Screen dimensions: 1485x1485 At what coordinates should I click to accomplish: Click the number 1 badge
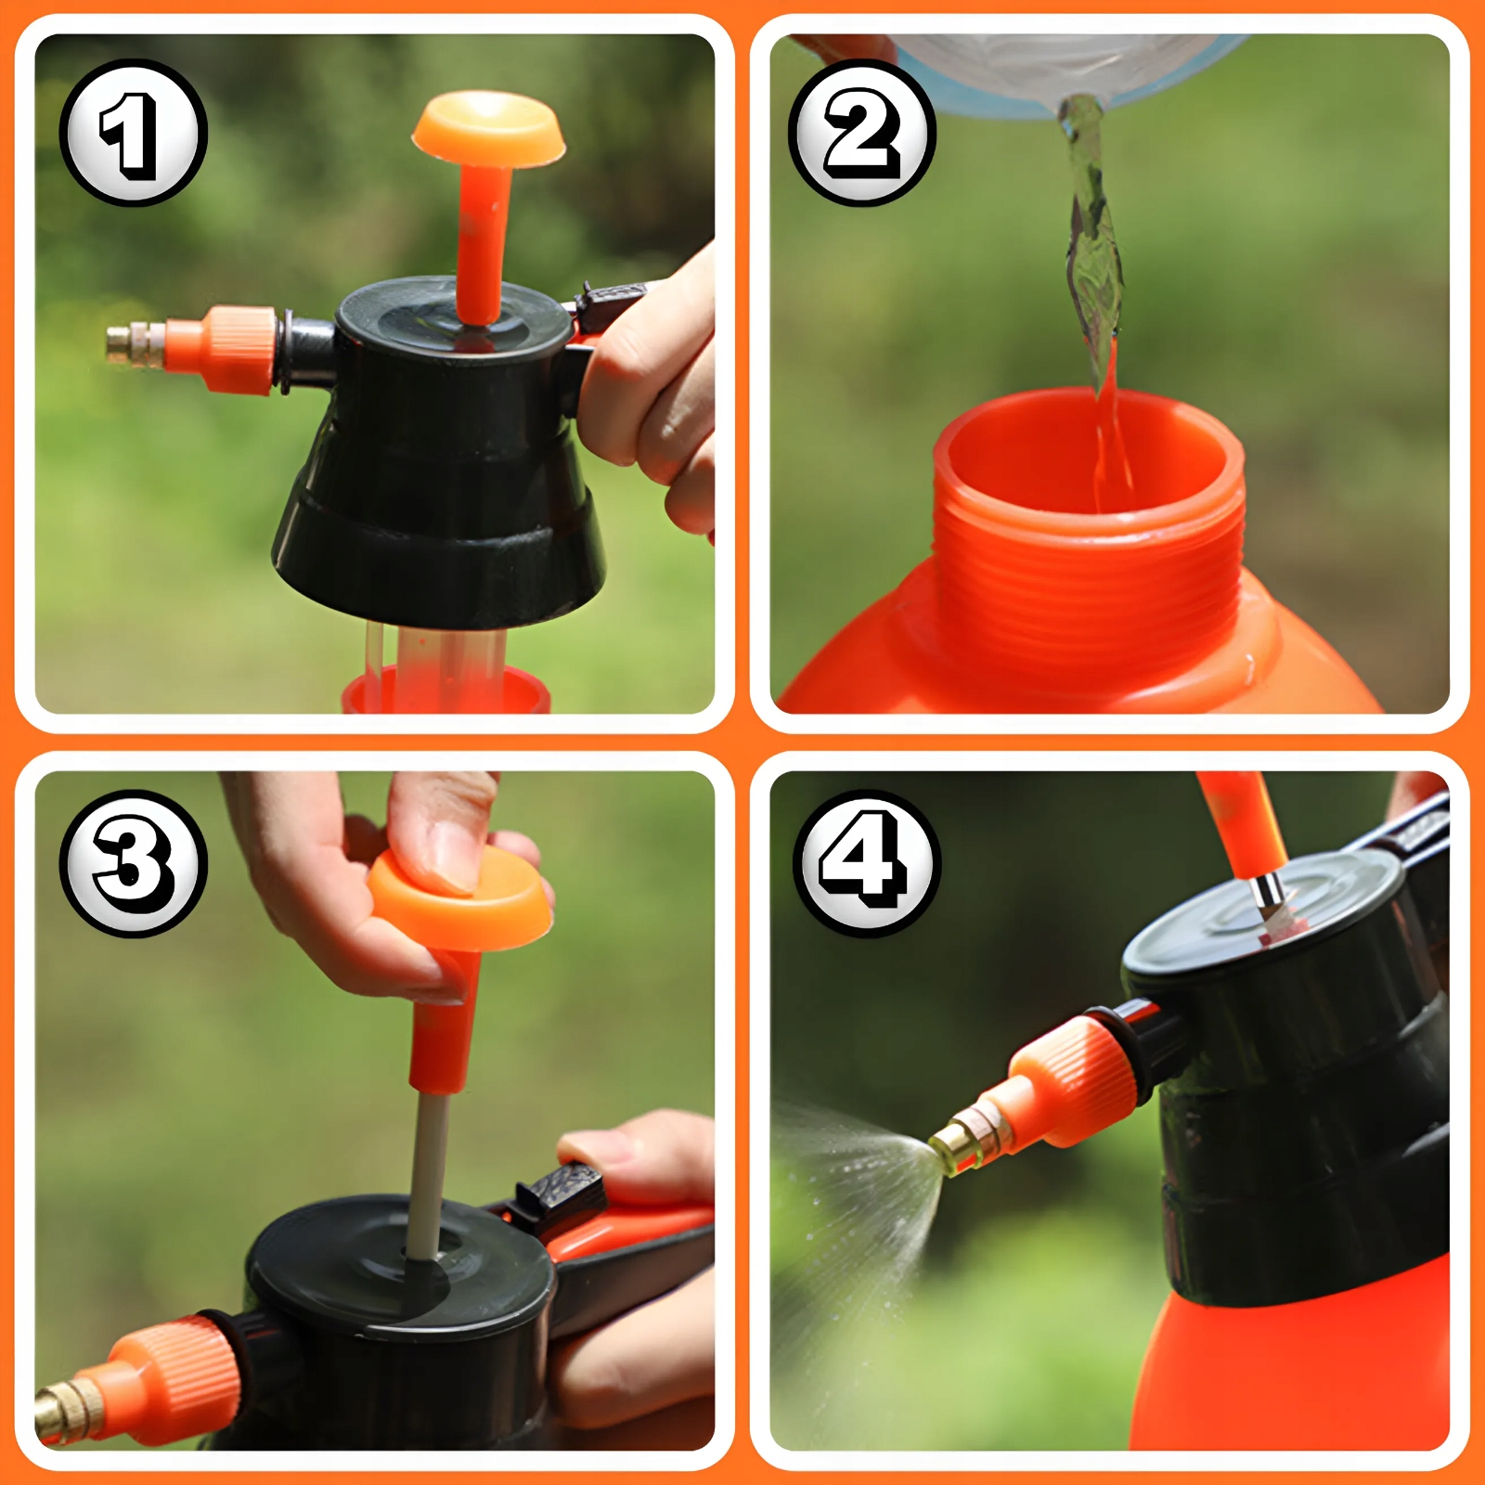(x=134, y=133)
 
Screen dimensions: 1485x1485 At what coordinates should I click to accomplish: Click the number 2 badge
(x=862, y=133)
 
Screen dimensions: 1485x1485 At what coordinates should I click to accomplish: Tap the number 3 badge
(x=134, y=863)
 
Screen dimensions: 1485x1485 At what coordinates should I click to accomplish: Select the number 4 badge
(x=867, y=863)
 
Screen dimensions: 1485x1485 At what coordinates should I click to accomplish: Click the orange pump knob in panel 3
(x=460, y=900)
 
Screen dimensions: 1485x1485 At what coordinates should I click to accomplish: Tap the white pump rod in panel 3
(x=428, y=1174)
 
